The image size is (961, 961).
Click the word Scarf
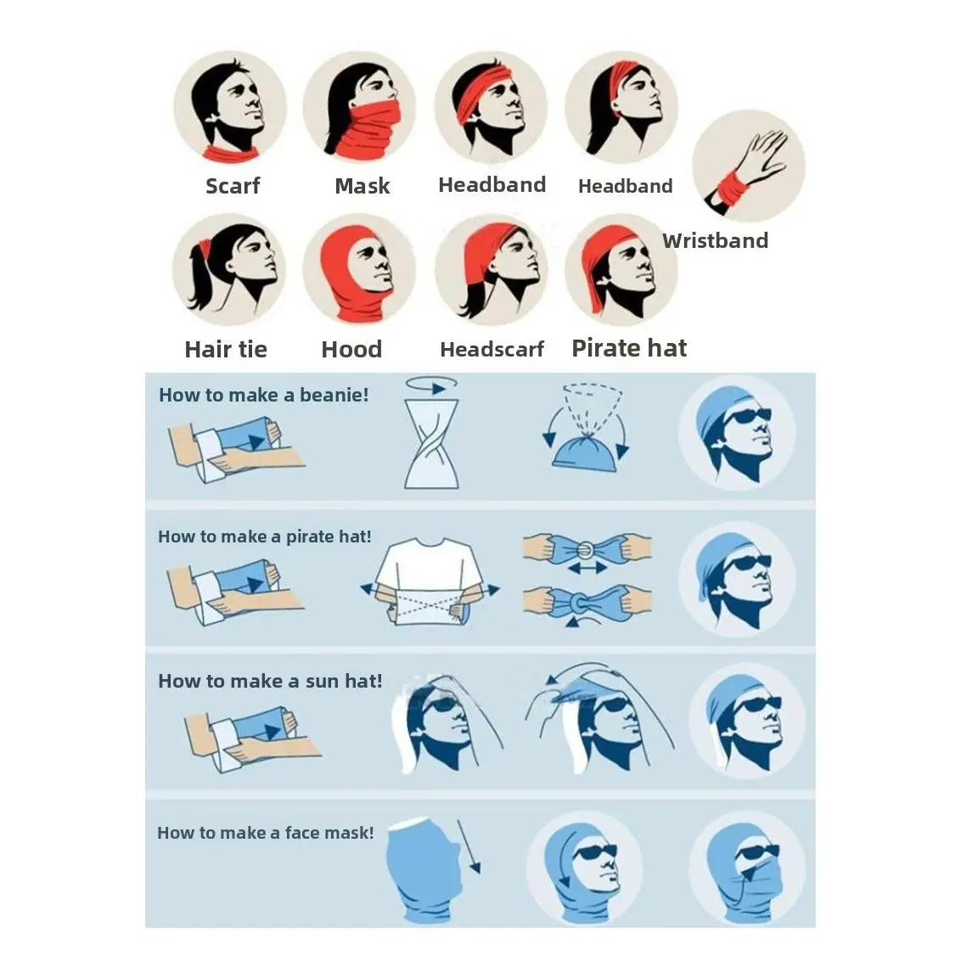[x=233, y=186]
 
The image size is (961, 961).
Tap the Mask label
[x=362, y=186]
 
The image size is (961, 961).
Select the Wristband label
[x=716, y=240]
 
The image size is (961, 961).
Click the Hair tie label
[x=226, y=350]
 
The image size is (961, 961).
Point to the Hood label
[x=351, y=350]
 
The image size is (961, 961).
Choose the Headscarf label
[x=492, y=350]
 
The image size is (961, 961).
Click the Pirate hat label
[x=629, y=348]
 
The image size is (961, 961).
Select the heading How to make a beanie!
[x=264, y=395]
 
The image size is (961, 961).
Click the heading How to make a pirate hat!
[x=265, y=537]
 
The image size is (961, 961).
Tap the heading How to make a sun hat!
[x=270, y=681]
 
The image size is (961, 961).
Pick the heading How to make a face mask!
[x=266, y=833]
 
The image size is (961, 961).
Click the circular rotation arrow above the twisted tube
[x=431, y=383]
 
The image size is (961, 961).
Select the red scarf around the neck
[x=231, y=153]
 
